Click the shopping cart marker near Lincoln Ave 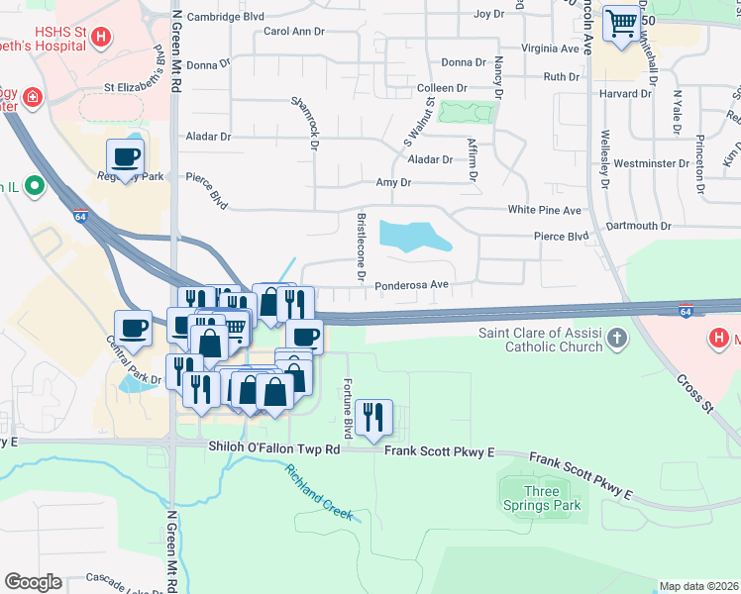click(x=621, y=24)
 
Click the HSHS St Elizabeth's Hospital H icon click(x=100, y=39)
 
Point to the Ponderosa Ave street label click(x=412, y=285)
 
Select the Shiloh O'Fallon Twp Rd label click(x=273, y=448)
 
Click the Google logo click(x=33, y=581)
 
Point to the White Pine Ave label click(x=544, y=210)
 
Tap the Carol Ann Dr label click(x=293, y=32)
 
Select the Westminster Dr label click(x=651, y=162)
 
